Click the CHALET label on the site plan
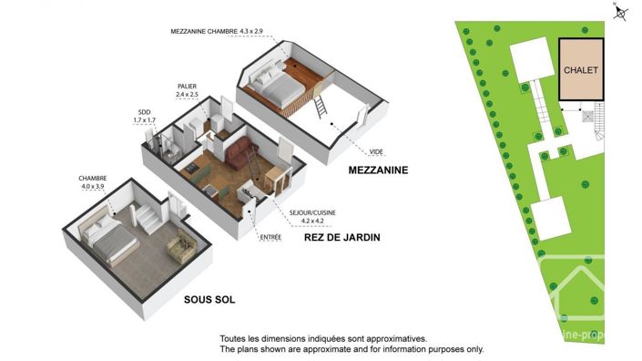[x=580, y=70]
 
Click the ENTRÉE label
[x=271, y=238]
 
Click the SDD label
[x=144, y=113]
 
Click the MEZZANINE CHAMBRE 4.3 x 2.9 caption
[x=216, y=31]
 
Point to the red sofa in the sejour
[x=239, y=153]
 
